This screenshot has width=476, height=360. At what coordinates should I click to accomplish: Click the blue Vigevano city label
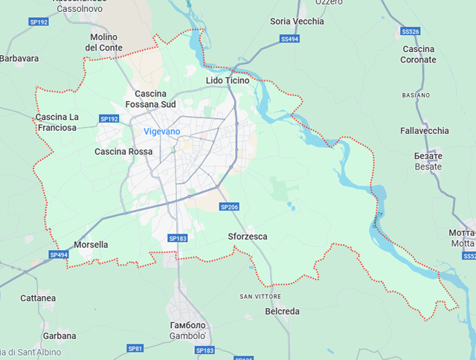tap(161, 132)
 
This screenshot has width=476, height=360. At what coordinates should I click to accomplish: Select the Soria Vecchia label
tap(297, 22)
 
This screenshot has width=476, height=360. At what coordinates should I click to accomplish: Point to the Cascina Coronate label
tap(418, 54)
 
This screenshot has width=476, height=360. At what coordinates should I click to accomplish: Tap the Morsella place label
tap(91, 245)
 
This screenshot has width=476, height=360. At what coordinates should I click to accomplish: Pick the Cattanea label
tap(38, 298)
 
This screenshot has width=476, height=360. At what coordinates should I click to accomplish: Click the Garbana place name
tap(59, 335)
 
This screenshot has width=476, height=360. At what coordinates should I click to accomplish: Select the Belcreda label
tap(282, 312)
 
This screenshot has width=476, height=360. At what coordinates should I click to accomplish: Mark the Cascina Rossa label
tap(123, 152)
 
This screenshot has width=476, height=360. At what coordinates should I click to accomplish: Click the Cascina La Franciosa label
tap(57, 122)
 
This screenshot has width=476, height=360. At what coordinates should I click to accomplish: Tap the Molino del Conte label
tap(105, 42)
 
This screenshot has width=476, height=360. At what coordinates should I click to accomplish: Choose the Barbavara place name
tap(19, 58)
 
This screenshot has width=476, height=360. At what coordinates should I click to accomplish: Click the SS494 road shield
tap(290, 39)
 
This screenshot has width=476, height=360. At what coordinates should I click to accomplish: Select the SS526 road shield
tap(410, 32)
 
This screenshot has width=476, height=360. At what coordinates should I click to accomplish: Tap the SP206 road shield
tap(228, 207)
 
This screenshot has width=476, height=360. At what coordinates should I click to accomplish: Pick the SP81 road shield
tap(135, 348)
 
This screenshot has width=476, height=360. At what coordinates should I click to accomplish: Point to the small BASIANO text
tap(416, 96)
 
